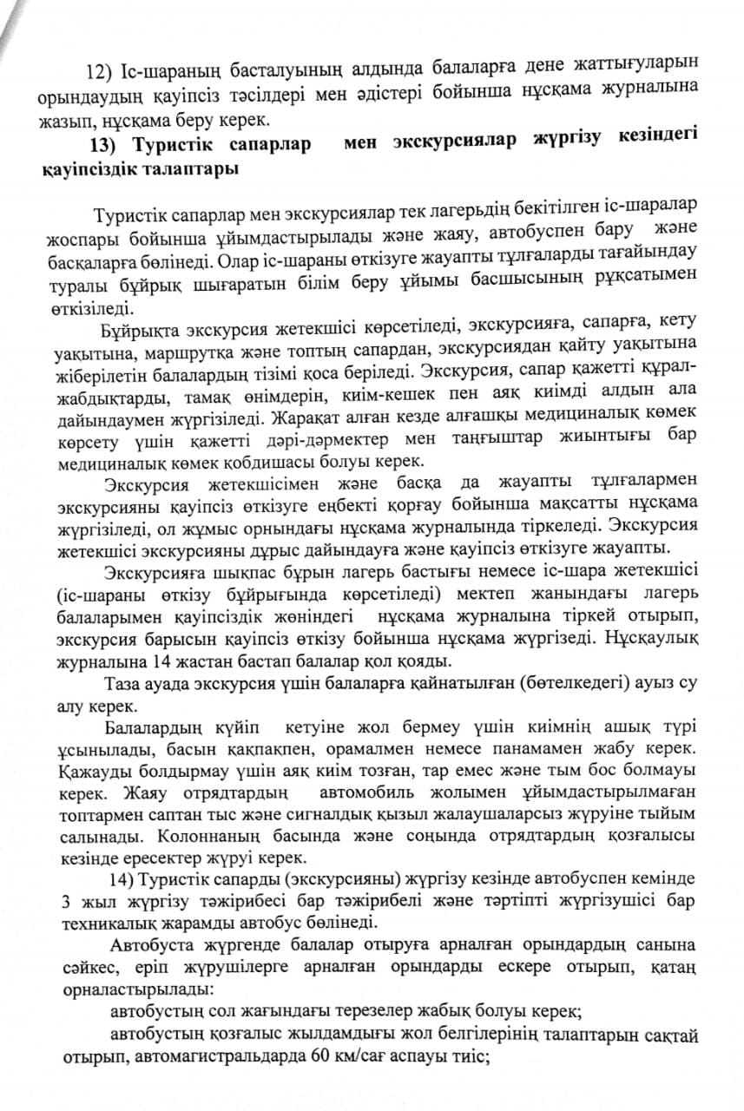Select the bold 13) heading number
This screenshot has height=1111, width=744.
click(107, 144)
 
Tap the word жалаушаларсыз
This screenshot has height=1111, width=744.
click(455, 816)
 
